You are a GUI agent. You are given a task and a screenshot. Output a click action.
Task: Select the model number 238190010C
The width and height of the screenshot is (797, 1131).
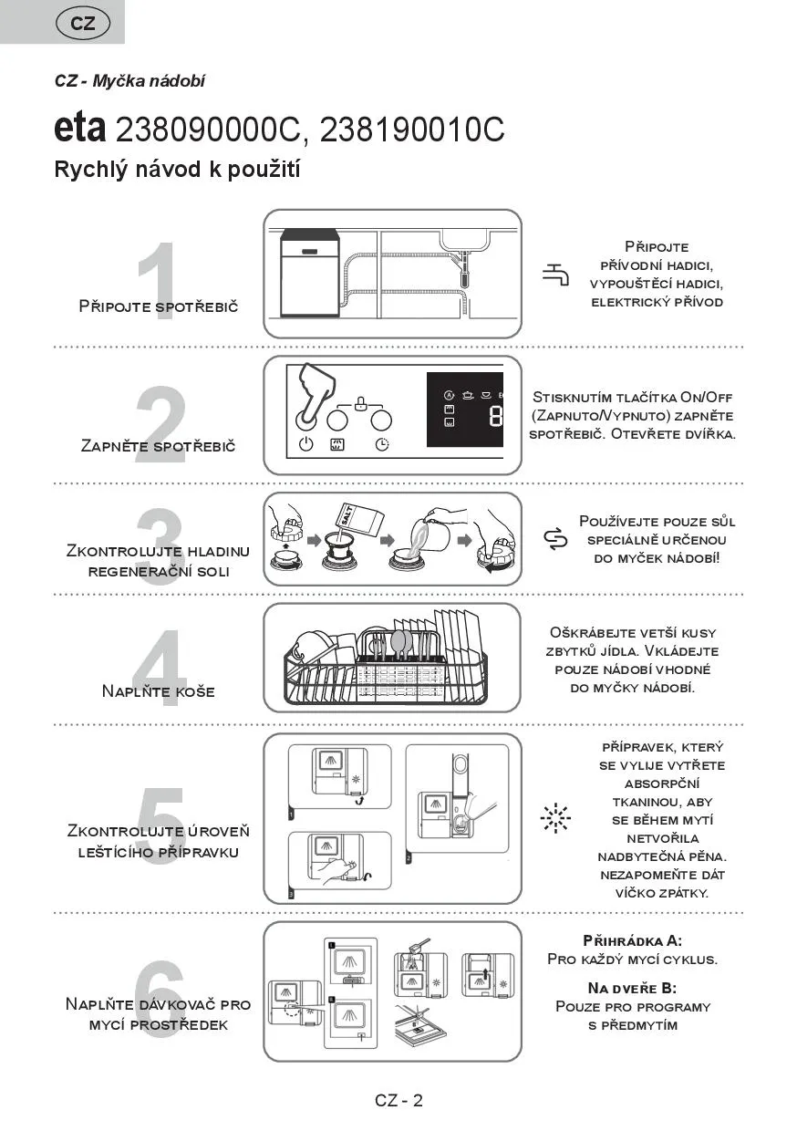tap(412, 130)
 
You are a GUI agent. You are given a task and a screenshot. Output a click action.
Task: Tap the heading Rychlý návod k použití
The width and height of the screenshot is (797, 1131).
tap(178, 170)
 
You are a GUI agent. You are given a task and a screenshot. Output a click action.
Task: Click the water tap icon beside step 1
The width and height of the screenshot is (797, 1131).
tap(554, 275)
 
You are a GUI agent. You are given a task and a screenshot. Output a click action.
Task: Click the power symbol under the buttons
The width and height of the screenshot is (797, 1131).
tap(306, 445)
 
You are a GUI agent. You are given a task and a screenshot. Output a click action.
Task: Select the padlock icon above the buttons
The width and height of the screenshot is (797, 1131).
tap(360, 402)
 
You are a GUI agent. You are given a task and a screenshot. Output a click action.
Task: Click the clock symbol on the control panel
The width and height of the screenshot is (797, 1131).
tap(381, 445)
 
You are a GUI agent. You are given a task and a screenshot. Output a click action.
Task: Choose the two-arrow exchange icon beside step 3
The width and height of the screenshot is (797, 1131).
tap(554, 540)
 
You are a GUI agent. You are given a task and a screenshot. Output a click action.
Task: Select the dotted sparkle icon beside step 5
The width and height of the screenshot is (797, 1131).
tap(554, 819)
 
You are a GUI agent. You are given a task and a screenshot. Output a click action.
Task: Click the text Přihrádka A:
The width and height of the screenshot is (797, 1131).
tap(632, 940)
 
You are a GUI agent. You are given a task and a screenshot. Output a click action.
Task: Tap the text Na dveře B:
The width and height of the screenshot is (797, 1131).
tap(632, 988)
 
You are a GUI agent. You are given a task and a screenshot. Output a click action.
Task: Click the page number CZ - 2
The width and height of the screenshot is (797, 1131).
tap(398, 1100)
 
